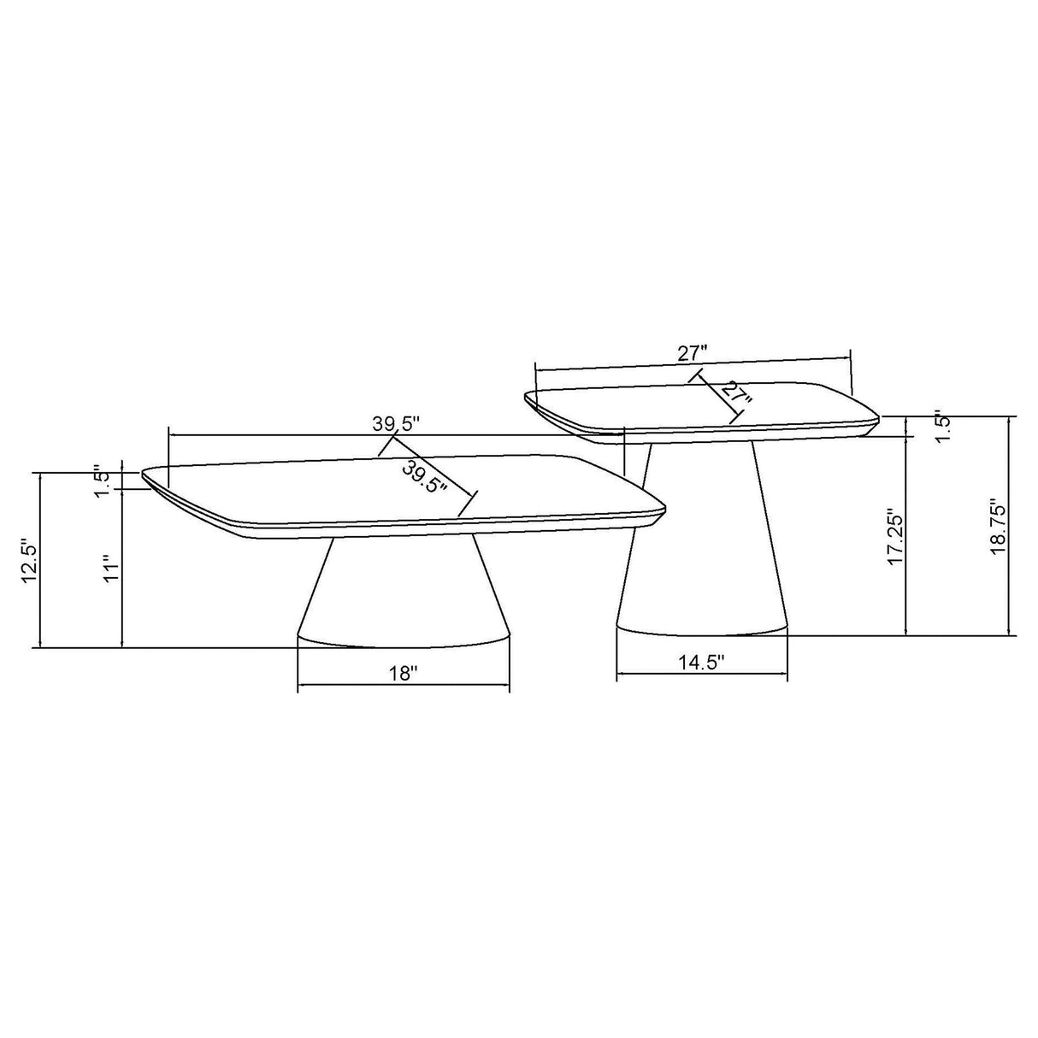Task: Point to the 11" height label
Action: point(109,568)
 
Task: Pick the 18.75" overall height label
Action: point(998,528)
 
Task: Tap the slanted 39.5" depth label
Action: point(426,478)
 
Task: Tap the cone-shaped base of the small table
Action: point(701,547)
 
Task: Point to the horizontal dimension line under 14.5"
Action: point(701,675)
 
